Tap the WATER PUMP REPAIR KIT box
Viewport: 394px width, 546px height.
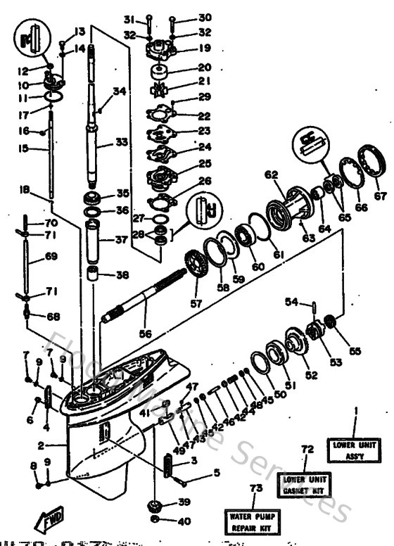point(251,521)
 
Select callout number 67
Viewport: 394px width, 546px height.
point(381,196)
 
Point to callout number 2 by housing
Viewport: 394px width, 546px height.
point(42,445)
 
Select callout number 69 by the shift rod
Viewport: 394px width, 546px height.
point(51,257)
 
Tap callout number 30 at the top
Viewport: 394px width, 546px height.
point(184,17)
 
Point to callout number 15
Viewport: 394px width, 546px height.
point(24,148)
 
